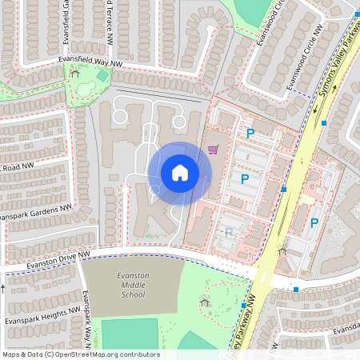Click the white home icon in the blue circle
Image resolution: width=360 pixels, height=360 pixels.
point(180,172)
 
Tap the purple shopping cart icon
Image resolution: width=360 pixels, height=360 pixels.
point(213,149)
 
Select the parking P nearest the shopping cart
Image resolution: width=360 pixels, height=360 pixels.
point(250,134)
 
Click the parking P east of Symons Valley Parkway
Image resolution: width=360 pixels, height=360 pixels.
point(314,223)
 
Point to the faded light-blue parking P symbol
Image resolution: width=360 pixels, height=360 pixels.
point(229,233)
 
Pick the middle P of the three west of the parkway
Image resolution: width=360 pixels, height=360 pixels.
point(245,179)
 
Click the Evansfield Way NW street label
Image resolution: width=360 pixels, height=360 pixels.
point(92,62)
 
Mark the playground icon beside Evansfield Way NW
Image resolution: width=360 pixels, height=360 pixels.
point(75,72)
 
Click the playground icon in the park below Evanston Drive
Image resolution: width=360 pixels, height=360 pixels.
point(205,301)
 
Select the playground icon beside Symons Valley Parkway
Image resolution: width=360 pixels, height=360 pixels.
point(282,250)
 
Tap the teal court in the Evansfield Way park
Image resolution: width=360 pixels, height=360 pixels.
point(102,76)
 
